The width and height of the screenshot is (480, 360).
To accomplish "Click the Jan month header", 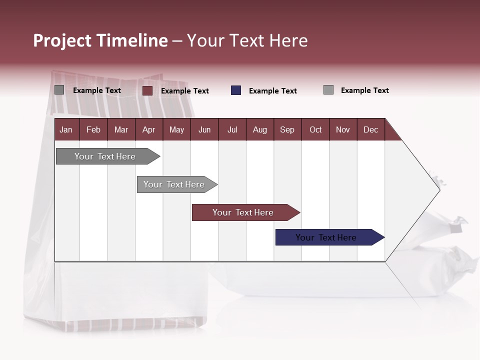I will (66, 129).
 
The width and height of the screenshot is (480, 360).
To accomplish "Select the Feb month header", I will (93, 129).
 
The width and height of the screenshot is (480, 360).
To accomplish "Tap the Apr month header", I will (149, 129).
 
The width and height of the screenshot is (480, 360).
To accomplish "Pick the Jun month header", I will (204, 129).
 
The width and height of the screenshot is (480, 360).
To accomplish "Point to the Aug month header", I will (260, 129).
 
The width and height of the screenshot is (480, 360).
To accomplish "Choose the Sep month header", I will (287, 129).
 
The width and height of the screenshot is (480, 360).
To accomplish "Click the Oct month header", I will (315, 129).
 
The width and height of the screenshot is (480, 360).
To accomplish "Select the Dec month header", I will (371, 129).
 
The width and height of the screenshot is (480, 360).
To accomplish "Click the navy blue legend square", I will (236, 90).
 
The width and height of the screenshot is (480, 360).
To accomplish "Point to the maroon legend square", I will (147, 90).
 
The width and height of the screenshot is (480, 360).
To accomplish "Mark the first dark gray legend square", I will (59, 90).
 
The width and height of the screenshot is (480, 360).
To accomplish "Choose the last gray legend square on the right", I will (328, 90).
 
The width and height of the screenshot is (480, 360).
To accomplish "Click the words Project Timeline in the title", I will (100, 40).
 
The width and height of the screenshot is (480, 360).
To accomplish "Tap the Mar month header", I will (121, 129).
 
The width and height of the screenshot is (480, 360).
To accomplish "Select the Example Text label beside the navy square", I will (273, 91).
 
